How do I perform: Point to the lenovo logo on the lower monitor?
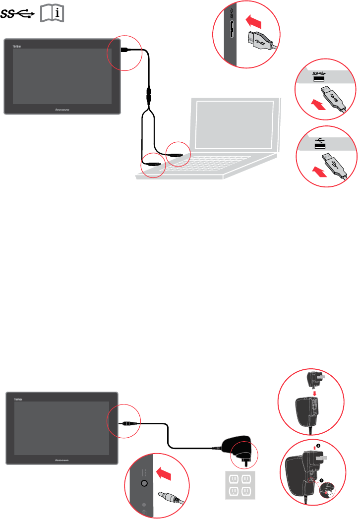(62, 460)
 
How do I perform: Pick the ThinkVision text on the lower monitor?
(15, 399)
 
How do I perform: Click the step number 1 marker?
(321, 480)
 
